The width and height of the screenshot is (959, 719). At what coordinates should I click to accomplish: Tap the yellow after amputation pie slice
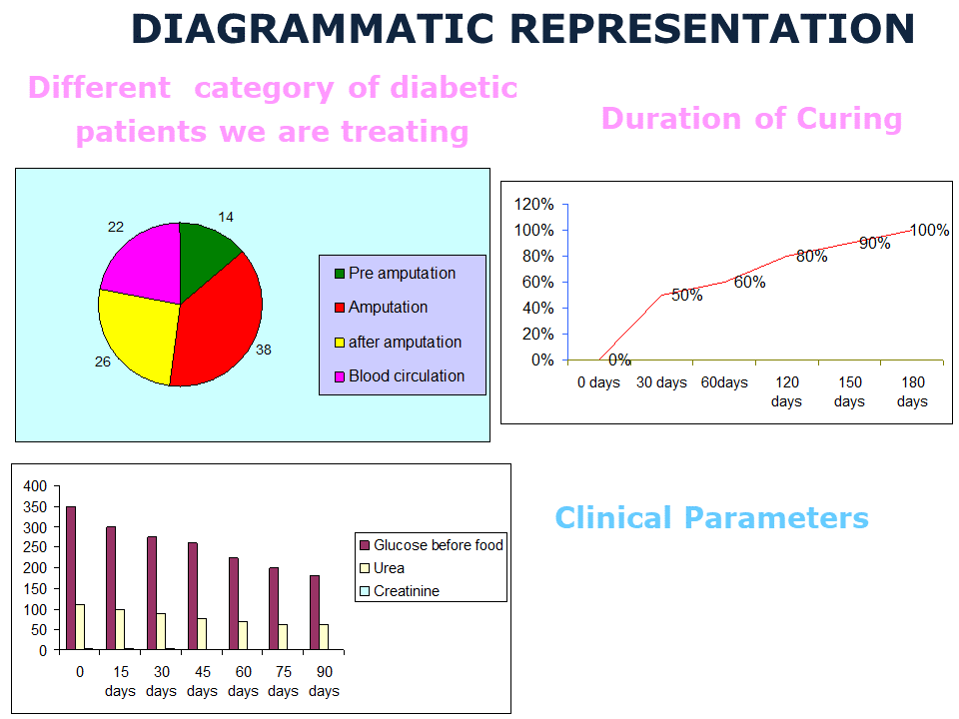140,335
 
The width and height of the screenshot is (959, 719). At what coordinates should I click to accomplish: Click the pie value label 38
264,351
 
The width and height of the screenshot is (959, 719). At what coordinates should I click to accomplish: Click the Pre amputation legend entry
401,274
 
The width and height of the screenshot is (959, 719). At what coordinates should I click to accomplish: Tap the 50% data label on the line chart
686,296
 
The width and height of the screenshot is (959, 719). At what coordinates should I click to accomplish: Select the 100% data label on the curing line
929,231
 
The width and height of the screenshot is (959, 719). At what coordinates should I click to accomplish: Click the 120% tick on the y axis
533,205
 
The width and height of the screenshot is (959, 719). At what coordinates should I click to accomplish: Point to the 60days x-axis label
724,382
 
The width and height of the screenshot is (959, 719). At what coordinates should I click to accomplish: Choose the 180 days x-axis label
912,391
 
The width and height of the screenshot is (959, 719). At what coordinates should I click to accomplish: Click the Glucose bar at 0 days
71,578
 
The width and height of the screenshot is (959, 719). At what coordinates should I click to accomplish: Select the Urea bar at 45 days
202,634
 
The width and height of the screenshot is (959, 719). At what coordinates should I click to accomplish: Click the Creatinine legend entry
406,591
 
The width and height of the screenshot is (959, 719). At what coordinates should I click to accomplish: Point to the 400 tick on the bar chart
35,486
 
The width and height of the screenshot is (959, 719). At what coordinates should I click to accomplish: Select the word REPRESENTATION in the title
715,29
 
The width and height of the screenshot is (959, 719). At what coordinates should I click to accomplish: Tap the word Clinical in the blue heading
613,518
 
